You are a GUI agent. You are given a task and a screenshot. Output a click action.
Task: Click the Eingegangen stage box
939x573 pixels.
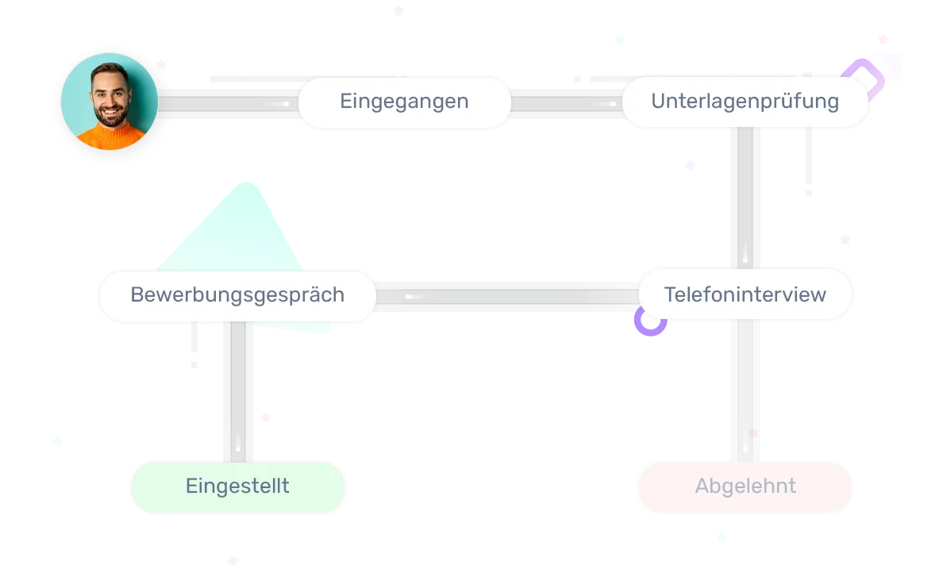(x=404, y=102)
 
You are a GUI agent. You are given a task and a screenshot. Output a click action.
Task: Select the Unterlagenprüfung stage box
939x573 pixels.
(x=745, y=102)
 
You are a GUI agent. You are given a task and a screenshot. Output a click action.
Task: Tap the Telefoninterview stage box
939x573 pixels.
(x=745, y=295)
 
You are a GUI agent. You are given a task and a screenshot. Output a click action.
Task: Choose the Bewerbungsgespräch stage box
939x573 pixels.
(x=237, y=295)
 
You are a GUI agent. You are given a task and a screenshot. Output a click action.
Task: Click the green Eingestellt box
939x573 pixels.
(x=237, y=486)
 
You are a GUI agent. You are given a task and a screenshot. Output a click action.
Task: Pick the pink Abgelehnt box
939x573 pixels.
(x=745, y=486)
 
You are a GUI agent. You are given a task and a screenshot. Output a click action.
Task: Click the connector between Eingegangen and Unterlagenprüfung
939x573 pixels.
(x=565, y=104)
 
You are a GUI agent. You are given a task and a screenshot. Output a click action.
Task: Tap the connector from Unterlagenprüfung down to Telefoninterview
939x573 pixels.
(x=745, y=198)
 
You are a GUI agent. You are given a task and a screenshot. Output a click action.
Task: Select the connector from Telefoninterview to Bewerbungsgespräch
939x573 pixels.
(x=508, y=297)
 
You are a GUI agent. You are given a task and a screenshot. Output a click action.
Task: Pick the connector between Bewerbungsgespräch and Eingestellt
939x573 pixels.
(x=237, y=393)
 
